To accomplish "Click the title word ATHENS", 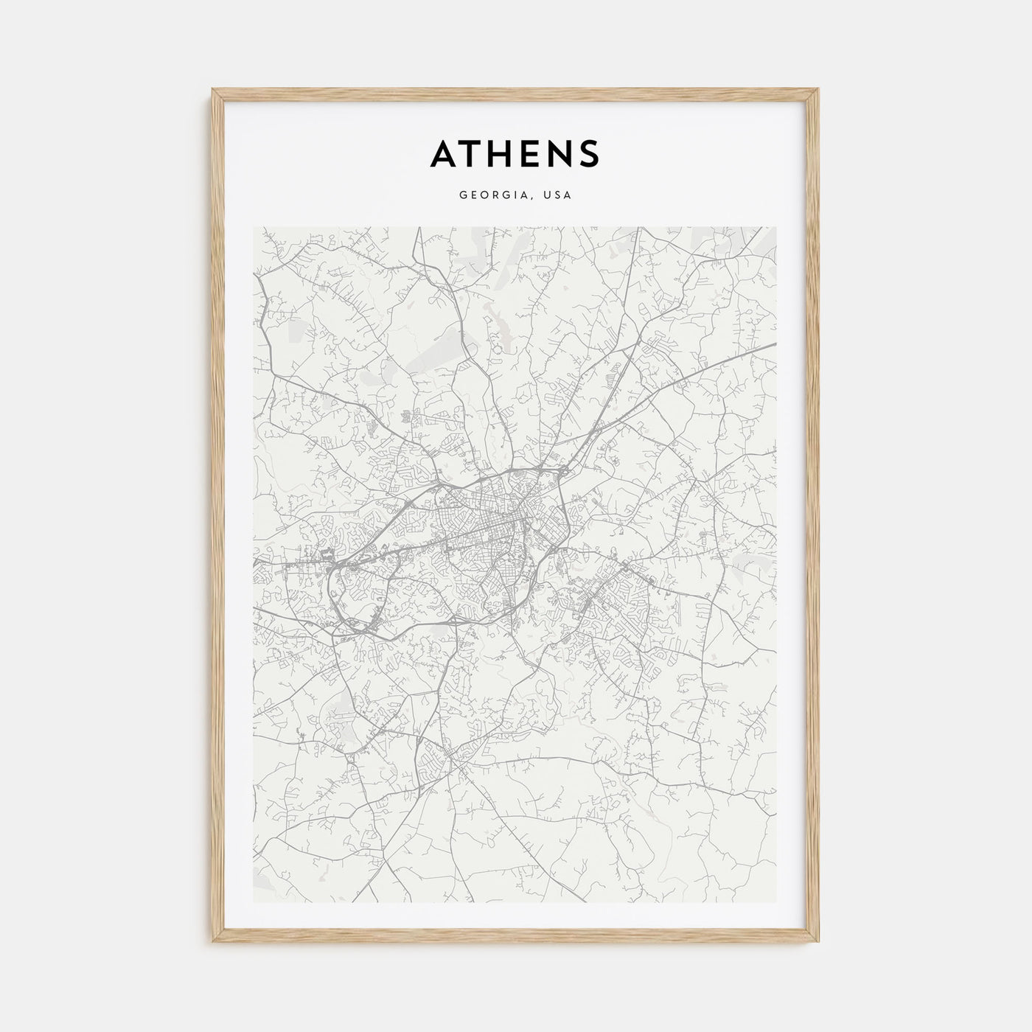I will coord(515,153).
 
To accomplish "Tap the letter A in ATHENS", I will coord(446,153).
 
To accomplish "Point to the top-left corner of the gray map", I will coord(254,228).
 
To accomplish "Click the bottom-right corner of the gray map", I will coord(776,902).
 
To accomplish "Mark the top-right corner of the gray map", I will coord(776,228).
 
